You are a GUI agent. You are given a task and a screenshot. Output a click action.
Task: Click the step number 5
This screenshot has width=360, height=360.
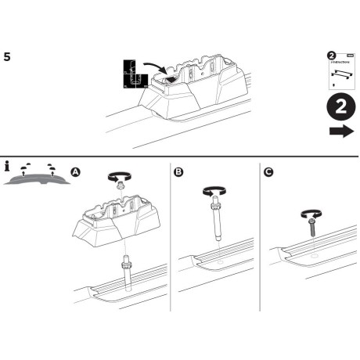pos(7,56)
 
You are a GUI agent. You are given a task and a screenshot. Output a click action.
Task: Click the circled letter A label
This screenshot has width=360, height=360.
pos(75,171)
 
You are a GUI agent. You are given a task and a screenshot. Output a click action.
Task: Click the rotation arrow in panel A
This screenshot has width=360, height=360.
pos(118,178)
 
